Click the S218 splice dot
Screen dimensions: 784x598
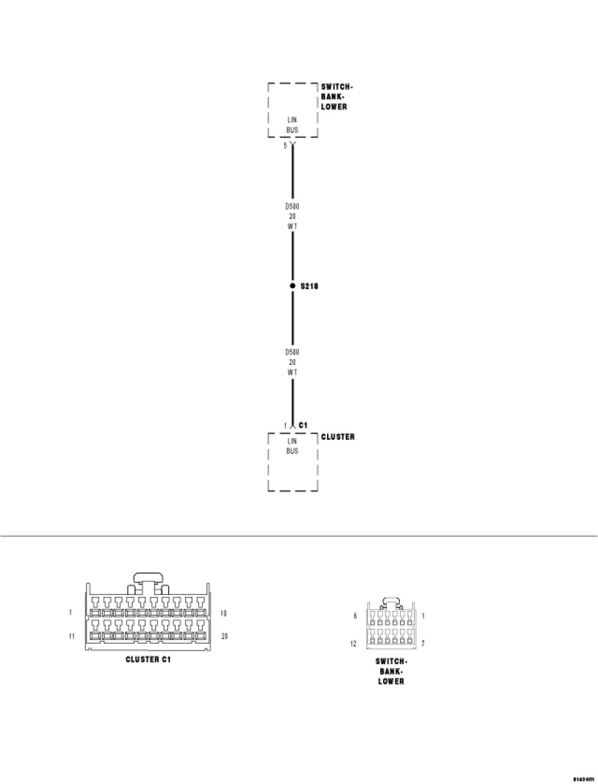[x=293, y=286]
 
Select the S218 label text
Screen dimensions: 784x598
[x=309, y=286]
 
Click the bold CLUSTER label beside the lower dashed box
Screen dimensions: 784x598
[x=338, y=437]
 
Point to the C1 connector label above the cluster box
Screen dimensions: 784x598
[x=303, y=425]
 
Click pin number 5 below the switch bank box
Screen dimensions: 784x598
[x=285, y=146]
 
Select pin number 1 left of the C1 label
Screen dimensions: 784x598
[x=285, y=426]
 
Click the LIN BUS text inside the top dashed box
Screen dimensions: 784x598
[x=292, y=125]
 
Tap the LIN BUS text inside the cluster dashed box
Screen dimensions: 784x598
[x=292, y=446]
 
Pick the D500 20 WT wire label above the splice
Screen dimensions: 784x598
[x=292, y=216]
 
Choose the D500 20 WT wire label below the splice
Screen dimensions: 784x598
[x=292, y=362]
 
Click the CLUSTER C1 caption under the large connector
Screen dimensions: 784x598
[x=148, y=659]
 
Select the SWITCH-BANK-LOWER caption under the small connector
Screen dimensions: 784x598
[x=391, y=671]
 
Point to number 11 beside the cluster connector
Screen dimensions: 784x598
[x=72, y=636]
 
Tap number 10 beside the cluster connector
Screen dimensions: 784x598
[x=223, y=613]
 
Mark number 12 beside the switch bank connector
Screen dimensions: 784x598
[x=354, y=644]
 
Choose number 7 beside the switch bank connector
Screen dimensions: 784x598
[x=423, y=644]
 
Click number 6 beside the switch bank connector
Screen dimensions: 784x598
[x=355, y=616]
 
